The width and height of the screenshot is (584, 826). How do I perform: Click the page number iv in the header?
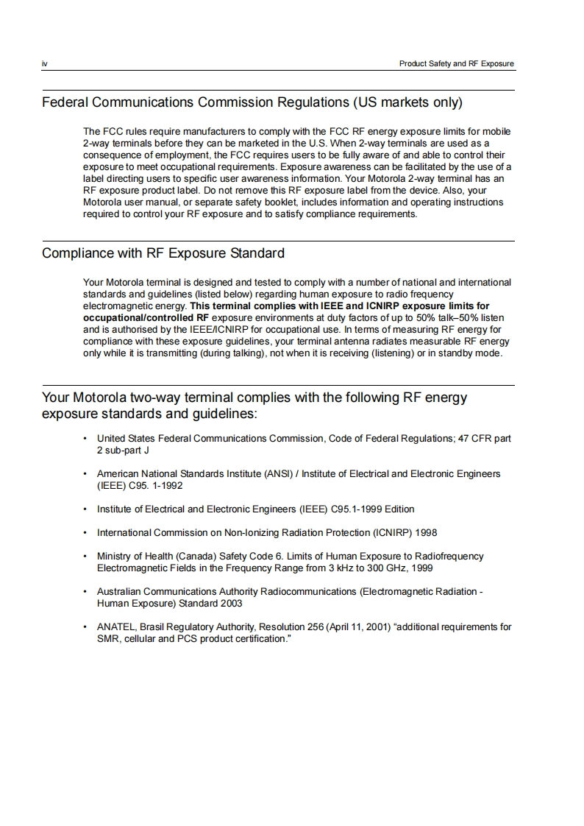tap(44, 64)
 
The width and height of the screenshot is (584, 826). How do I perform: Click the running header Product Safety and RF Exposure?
tap(456, 64)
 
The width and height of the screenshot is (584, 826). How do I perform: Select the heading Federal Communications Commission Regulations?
tap(252, 102)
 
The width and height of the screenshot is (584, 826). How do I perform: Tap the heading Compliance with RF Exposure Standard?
tap(163, 253)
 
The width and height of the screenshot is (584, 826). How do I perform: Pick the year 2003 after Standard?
tap(231, 604)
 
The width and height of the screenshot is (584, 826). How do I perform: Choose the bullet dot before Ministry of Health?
tap(87, 557)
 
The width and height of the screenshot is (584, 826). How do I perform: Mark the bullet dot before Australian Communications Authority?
tap(87, 592)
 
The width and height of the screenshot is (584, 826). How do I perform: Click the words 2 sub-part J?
tap(123, 451)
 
